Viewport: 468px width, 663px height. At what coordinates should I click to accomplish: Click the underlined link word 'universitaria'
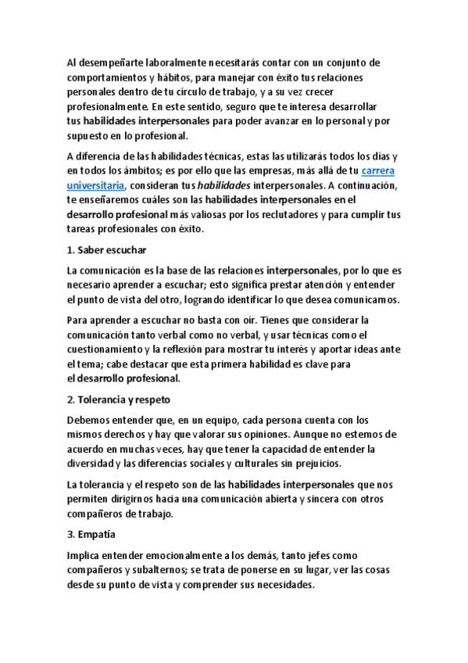click(x=95, y=185)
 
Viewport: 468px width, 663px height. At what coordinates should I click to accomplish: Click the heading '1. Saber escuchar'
click(x=106, y=250)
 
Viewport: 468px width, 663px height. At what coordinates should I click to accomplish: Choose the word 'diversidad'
click(x=93, y=464)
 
